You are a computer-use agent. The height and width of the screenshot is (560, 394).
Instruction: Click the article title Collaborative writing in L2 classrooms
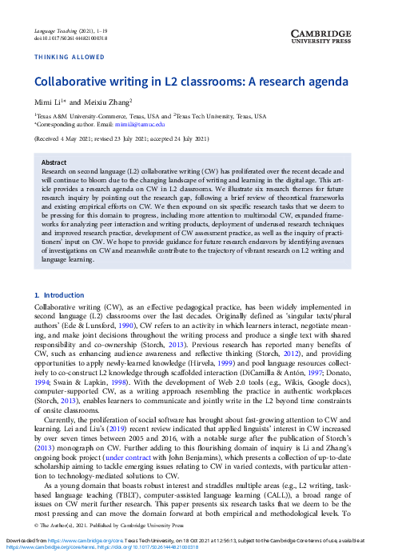[190, 82]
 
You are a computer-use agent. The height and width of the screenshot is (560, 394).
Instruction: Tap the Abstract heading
[54, 161]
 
